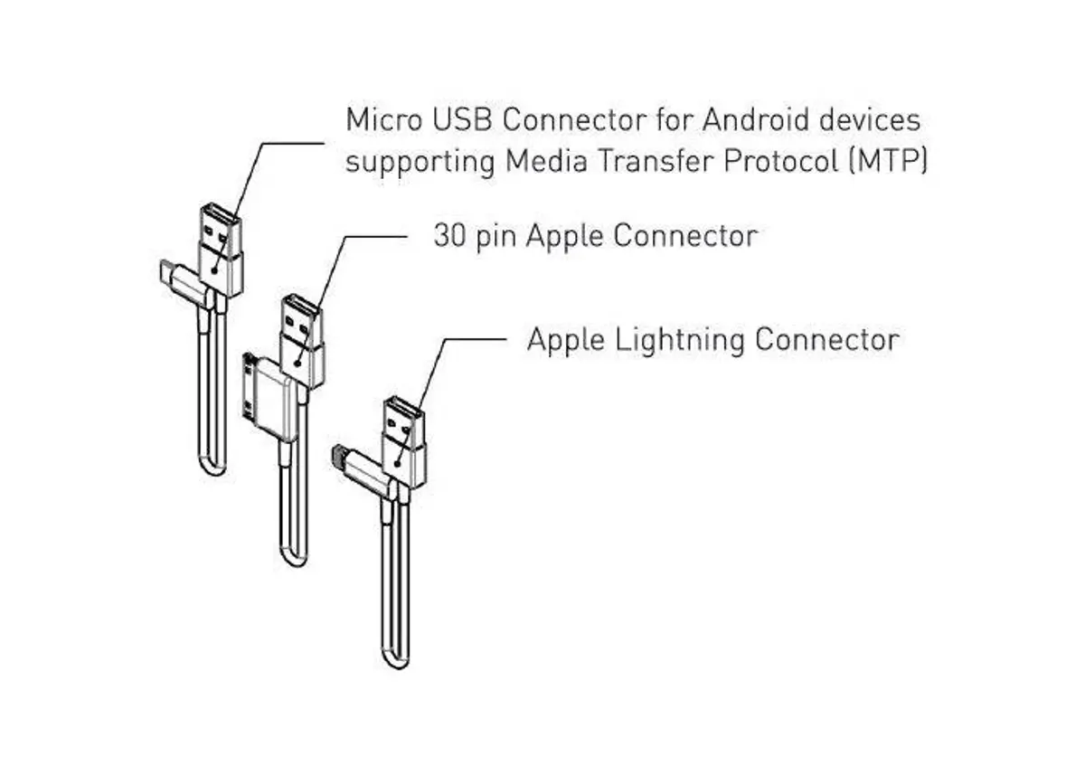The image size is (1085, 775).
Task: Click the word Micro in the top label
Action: coord(383,119)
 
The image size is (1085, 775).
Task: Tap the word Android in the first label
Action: coord(756,119)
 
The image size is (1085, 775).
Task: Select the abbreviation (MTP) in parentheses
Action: coord(888,161)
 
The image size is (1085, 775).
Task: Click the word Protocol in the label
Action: coord(781,161)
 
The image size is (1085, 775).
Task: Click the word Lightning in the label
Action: coord(680,341)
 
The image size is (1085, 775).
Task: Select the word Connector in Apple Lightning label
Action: coord(826,339)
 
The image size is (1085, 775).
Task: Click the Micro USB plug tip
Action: coord(166,272)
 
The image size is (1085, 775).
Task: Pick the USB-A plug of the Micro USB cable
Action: coord(221,250)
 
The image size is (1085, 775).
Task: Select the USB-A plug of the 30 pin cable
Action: coord(302,341)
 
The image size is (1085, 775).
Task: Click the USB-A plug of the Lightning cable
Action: coord(404,441)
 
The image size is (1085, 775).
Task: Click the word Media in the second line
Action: coord(546,161)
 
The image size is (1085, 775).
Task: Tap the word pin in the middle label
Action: coord(496,239)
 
